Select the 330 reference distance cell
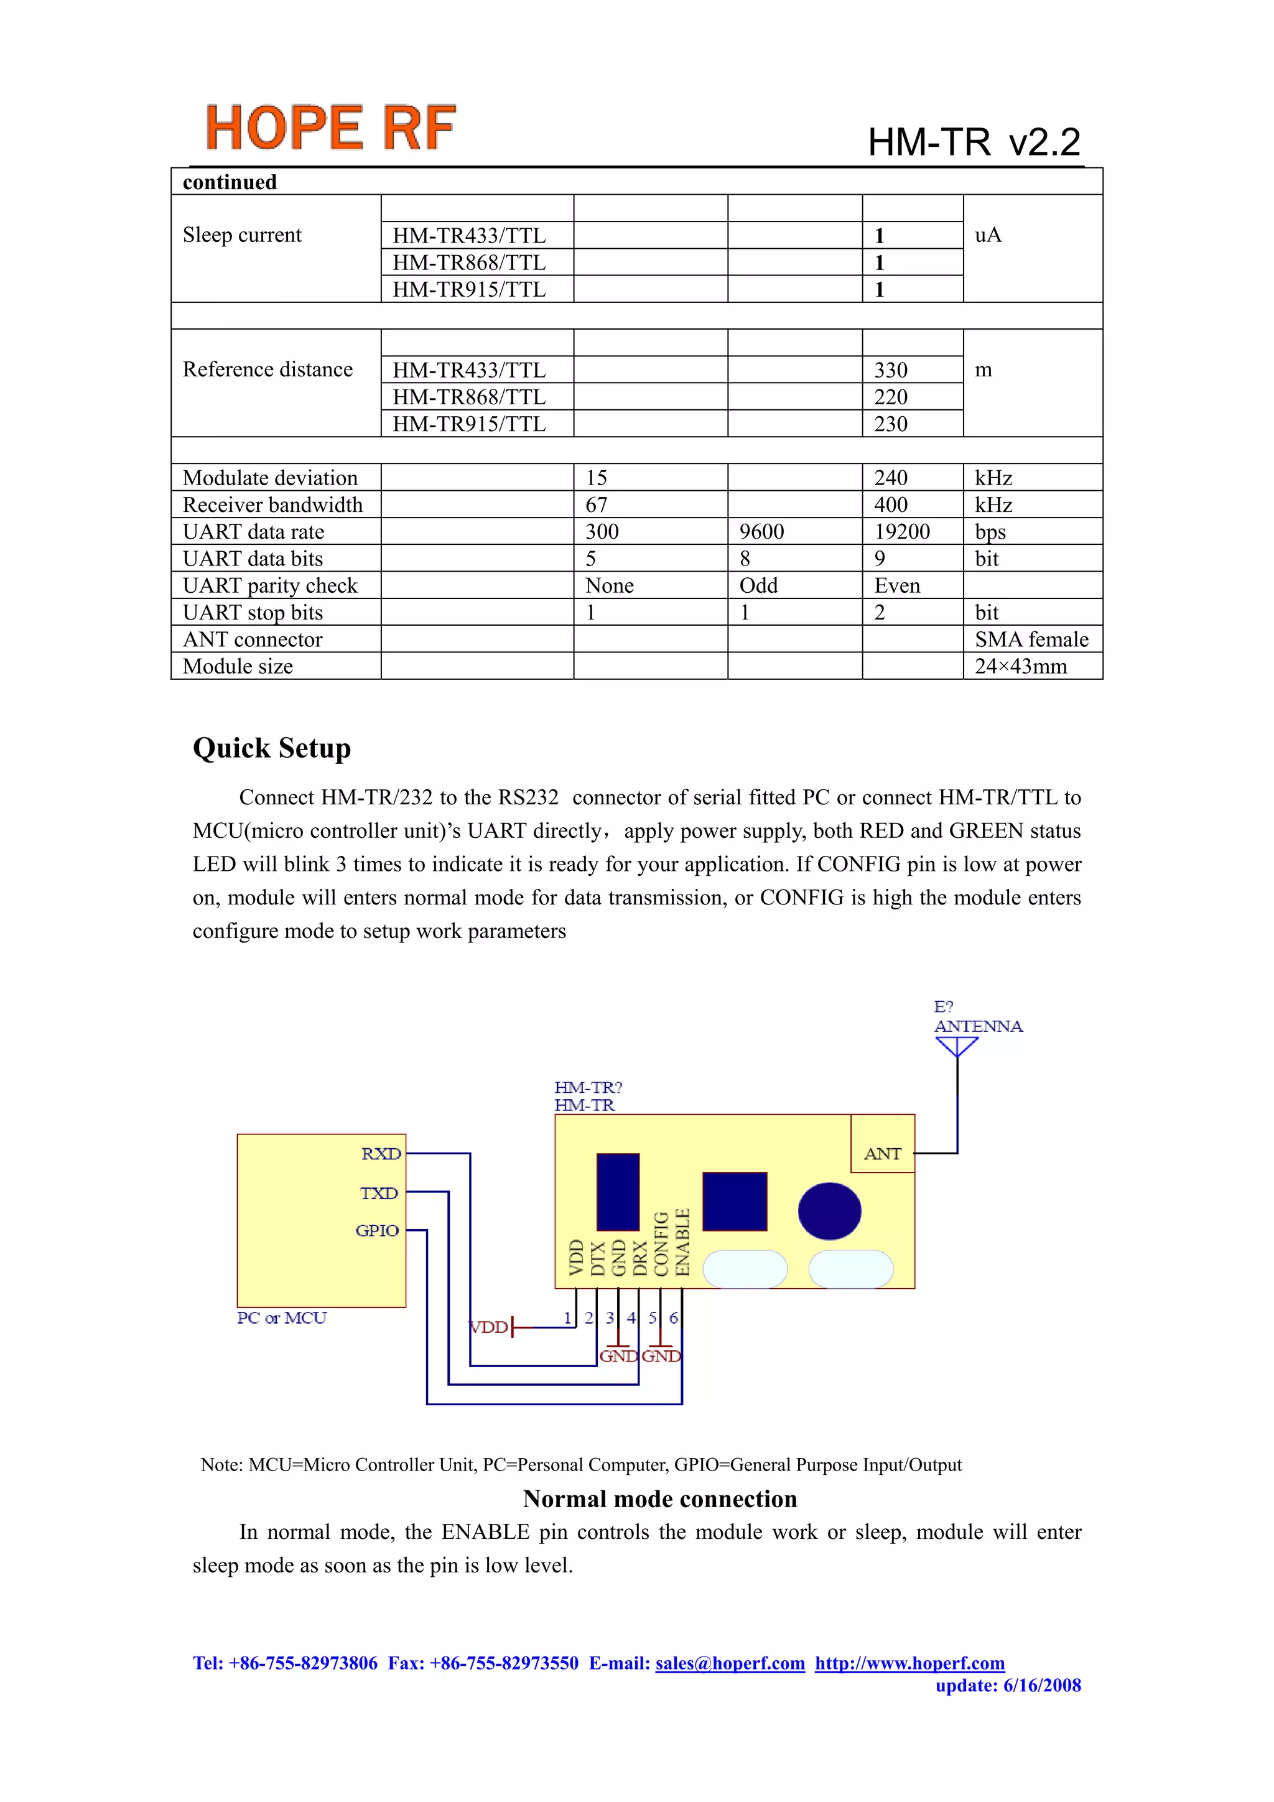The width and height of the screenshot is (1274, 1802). click(x=891, y=369)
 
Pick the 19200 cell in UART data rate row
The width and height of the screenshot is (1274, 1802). click(x=902, y=531)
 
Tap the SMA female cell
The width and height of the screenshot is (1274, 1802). click(x=1031, y=639)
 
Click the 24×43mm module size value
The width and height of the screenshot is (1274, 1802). click(x=1020, y=666)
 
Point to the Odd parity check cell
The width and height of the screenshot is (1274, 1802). click(x=758, y=585)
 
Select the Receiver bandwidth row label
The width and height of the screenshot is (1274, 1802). click(x=272, y=504)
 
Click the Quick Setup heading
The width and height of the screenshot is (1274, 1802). click(x=272, y=748)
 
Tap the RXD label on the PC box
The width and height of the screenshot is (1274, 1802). click(x=381, y=1154)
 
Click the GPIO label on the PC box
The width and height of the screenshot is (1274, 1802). click(x=377, y=1230)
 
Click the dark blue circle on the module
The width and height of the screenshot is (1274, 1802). click(x=829, y=1211)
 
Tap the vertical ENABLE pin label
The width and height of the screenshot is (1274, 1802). click(x=682, y=1242)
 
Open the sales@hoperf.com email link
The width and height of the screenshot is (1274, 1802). click(x=730, y=1663)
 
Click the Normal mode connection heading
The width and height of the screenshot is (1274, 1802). click(x=659, y=1499)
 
